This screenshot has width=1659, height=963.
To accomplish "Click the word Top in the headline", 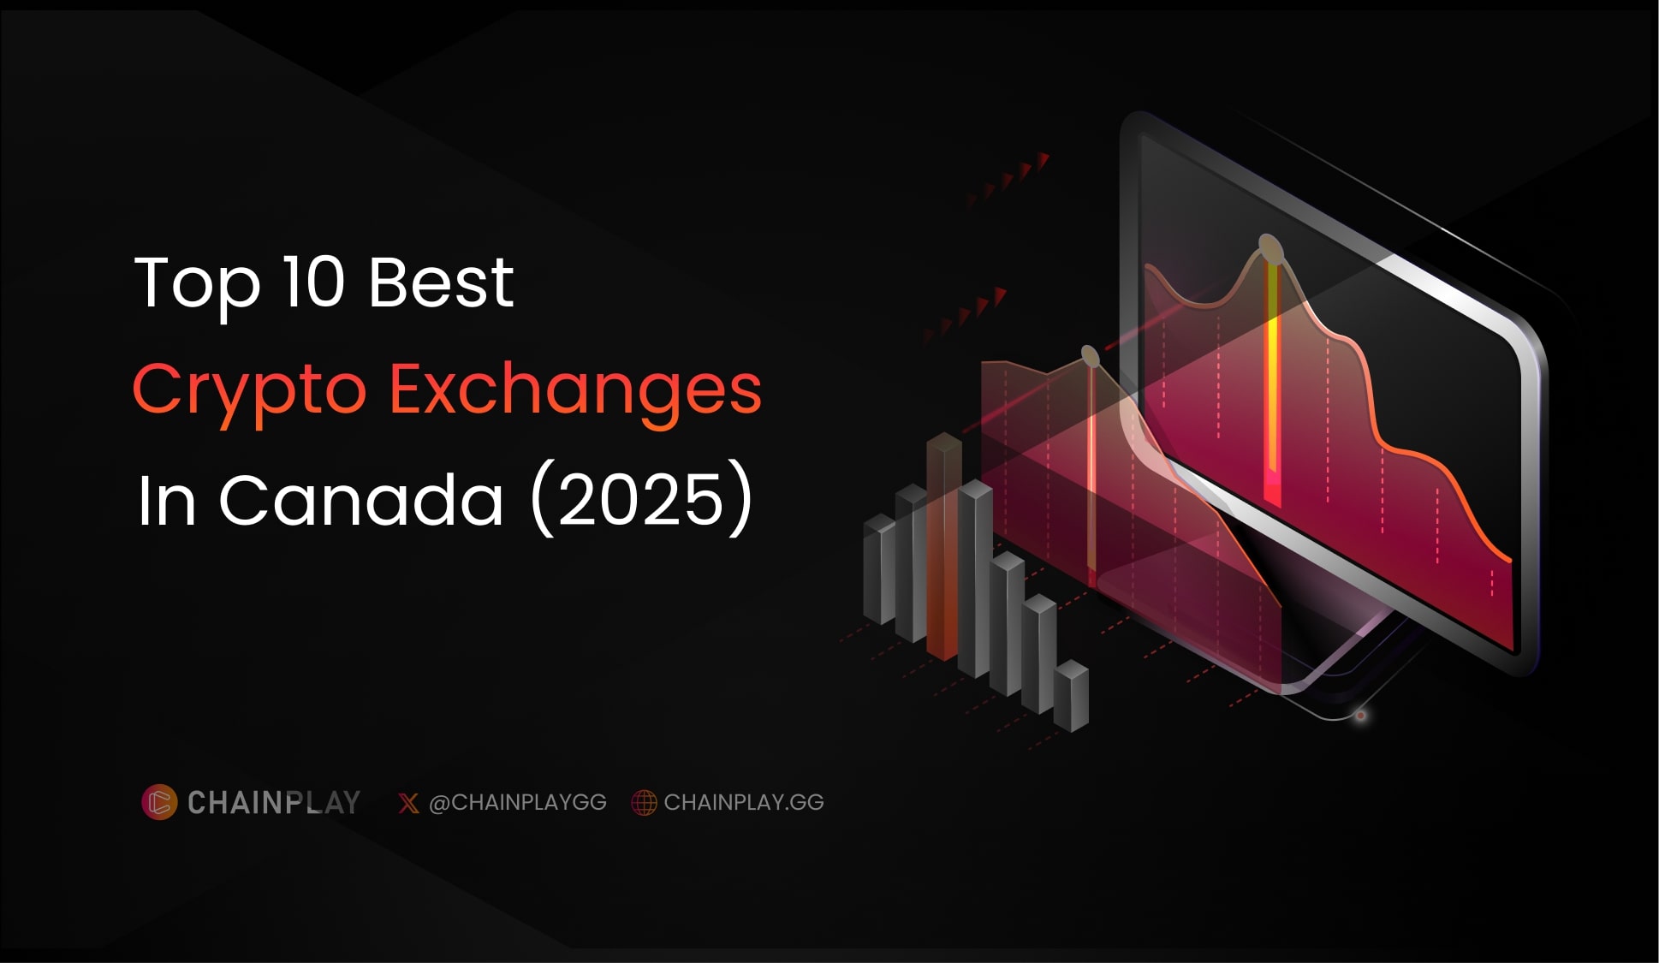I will (x=197, y=284).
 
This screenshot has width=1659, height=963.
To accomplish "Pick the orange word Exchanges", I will (x=575, y=389).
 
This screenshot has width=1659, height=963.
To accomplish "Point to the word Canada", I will (x=361, y=500).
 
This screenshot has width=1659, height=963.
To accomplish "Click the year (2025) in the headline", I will (x=641, y=500).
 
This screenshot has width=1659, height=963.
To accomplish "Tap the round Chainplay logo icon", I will (x=159, y=802).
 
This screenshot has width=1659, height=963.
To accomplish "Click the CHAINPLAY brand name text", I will (x=274, y=802).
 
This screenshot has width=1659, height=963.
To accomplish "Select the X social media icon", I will (x=408, y=803).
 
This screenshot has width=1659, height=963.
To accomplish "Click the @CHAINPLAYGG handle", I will (x=517, y=802).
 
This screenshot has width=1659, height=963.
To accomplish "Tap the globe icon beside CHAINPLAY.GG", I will (x=644, y=803).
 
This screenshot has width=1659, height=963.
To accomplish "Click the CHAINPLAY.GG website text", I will (x=744, y=802).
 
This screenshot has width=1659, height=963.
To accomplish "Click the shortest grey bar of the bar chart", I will (x=1071, y=697).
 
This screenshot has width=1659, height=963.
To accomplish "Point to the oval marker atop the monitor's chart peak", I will (x=1270, y=249).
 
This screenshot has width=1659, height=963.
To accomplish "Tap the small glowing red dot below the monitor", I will (x=1360, y=716).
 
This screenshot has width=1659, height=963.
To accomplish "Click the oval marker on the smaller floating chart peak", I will (x=1090, y=355).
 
